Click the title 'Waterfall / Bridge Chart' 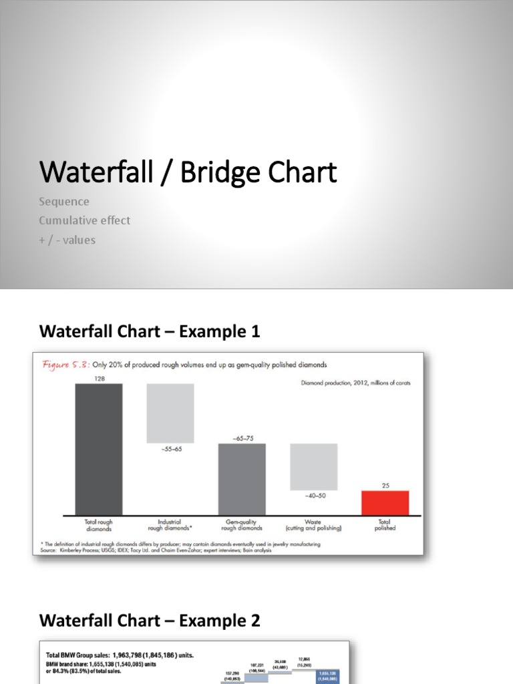(188, 172)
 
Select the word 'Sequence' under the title (64, 202)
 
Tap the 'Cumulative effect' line (85, 220)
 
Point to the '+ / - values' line (67, 240)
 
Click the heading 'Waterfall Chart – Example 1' (150, 331)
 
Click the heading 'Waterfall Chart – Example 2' (150, 621)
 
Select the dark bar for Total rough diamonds (99, 449)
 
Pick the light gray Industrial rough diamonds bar (170, 413)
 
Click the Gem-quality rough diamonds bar (242, 478)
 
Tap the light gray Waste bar (313, 466)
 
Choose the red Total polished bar (385, 502)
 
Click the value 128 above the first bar (99, 378)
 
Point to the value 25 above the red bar (385, 486)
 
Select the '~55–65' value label (170, 449)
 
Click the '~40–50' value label (313, 496)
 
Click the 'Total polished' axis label (385, 525)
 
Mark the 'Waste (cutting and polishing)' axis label (313, 525)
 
